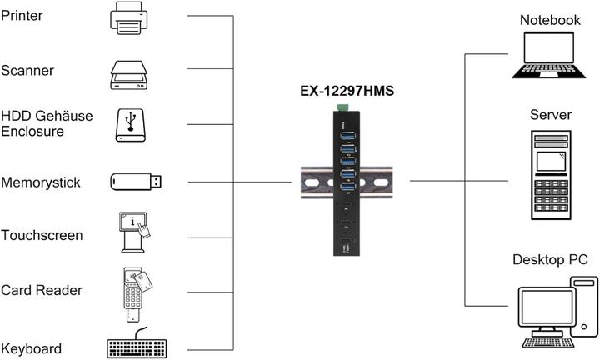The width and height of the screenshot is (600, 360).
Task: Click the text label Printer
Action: point(22,16)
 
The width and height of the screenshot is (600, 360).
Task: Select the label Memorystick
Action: point(41,182)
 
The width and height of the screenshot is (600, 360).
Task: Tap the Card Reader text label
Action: point(41,290)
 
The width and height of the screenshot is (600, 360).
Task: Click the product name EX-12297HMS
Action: point(347,92)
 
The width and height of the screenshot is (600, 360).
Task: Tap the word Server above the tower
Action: point(550,115)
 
